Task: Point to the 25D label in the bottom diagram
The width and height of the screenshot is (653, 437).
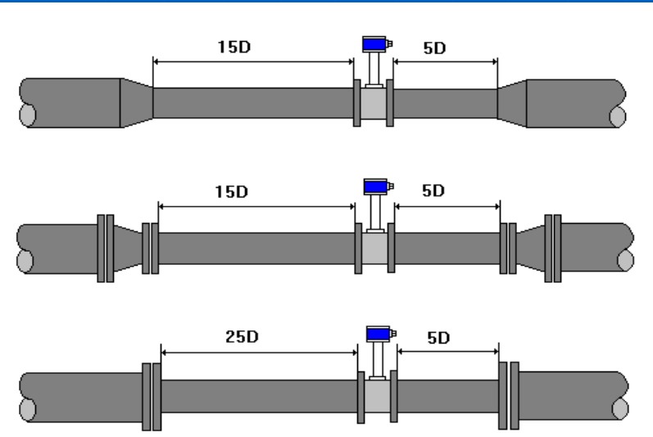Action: point(240,337)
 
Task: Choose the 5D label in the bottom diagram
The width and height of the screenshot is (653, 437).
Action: point(439,337)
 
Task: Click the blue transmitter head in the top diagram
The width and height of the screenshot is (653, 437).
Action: point(374,44)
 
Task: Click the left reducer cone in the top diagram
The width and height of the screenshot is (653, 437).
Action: point(136,102)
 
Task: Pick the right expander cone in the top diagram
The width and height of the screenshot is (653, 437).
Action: point(511,102)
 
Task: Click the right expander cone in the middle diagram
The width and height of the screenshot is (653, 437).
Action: point(529,248)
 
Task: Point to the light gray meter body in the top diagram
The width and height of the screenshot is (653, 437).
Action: point(374,103)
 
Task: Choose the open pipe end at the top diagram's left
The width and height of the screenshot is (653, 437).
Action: point(28,114)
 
